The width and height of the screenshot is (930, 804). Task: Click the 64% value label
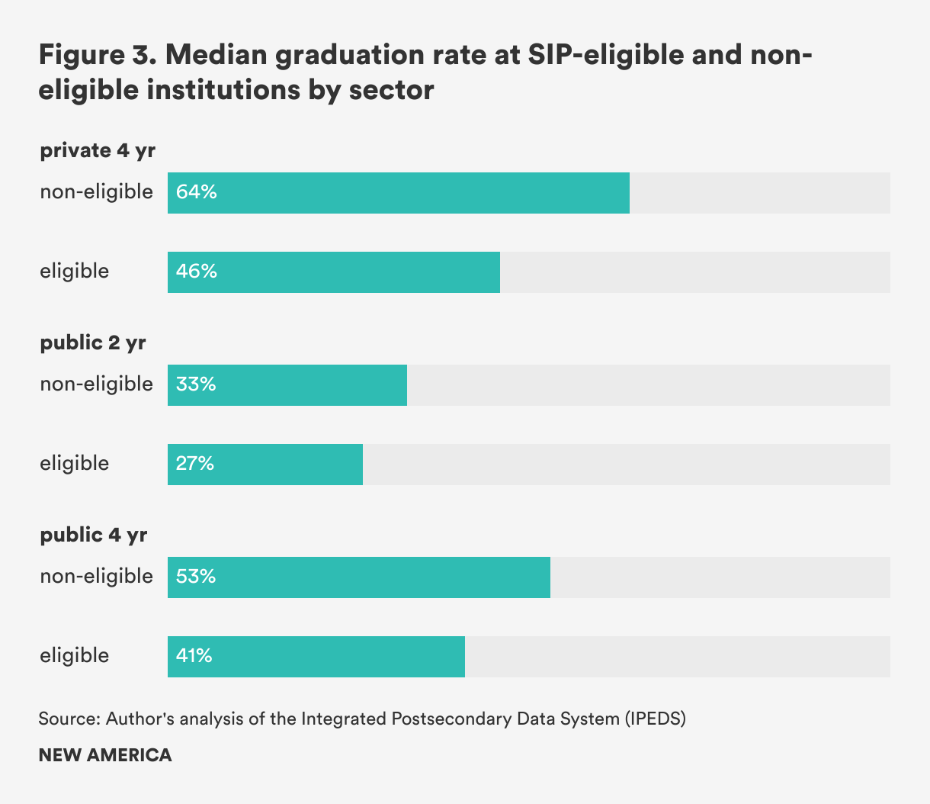click(197, 192)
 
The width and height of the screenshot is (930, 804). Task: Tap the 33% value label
click(196, 384)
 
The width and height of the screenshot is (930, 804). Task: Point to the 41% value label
click(194, 656)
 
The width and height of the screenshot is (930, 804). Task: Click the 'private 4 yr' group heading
click(98, 150)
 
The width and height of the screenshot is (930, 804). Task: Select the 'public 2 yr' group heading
click(93, 343)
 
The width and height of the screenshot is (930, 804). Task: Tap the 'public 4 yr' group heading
click(94, 535)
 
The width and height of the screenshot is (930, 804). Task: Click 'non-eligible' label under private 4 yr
click(97, 191)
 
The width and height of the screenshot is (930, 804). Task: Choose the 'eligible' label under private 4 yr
click(75, 271)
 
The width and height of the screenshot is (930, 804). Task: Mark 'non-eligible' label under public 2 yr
click(97, 384)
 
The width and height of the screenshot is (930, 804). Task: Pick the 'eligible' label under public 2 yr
click(75, 463)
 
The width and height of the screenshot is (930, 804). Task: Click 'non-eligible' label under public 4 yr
click(97, 576)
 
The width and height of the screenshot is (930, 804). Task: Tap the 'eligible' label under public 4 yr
click(75, 655)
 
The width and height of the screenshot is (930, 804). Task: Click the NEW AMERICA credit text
click(105, 755)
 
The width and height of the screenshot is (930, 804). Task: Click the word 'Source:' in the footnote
click(69, 719)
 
